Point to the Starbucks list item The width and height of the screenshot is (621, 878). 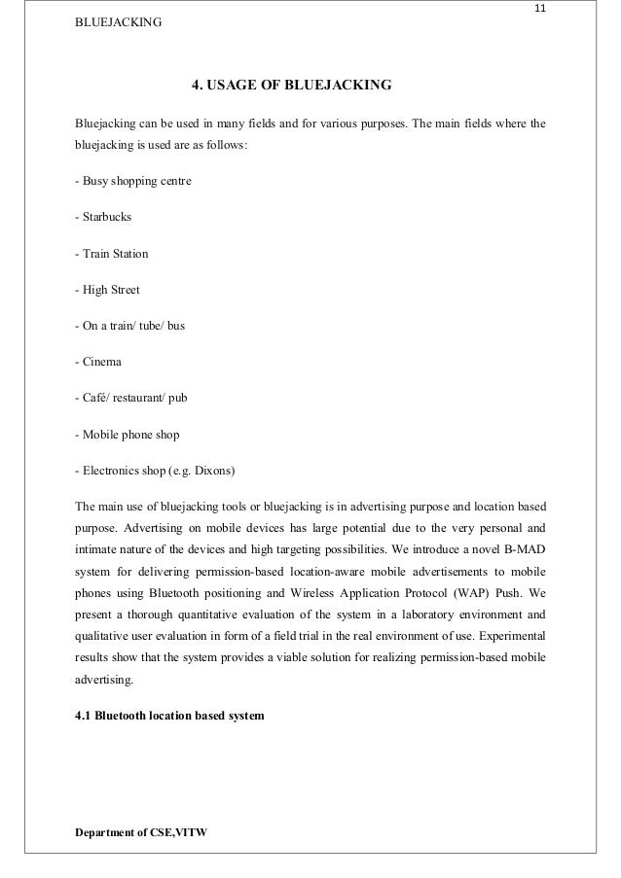[x=102, y=218]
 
